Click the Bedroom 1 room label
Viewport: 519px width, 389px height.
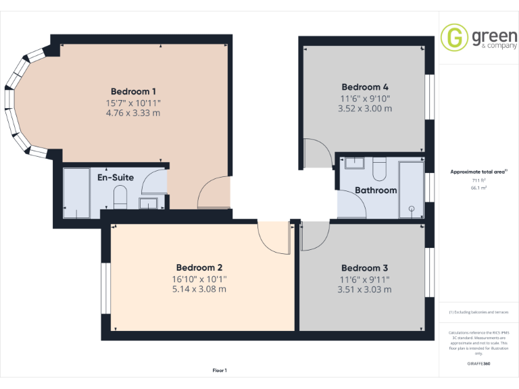click(x=134, y=91)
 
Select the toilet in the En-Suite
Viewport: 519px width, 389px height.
click(x=121, y=198)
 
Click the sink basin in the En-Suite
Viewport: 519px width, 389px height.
click(x=147, y=202)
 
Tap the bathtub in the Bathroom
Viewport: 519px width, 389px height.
click(x=410, y=188)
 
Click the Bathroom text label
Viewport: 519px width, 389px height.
click(x=376, y=190)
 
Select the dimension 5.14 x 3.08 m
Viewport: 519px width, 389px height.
click(x=199, y=289)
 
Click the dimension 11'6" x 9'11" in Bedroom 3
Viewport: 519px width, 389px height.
click(x=364, y=279)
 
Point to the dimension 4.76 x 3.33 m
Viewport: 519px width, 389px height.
click(x=134, y=113)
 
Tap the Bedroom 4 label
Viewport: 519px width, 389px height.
click(x=365, y=87)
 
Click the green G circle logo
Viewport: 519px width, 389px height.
click(x=454, y=37)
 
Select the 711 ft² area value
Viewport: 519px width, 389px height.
click(x=478, y=181)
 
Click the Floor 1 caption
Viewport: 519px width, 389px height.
click(x=220, y=370)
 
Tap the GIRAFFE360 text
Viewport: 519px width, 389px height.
click(x=478, y=364)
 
